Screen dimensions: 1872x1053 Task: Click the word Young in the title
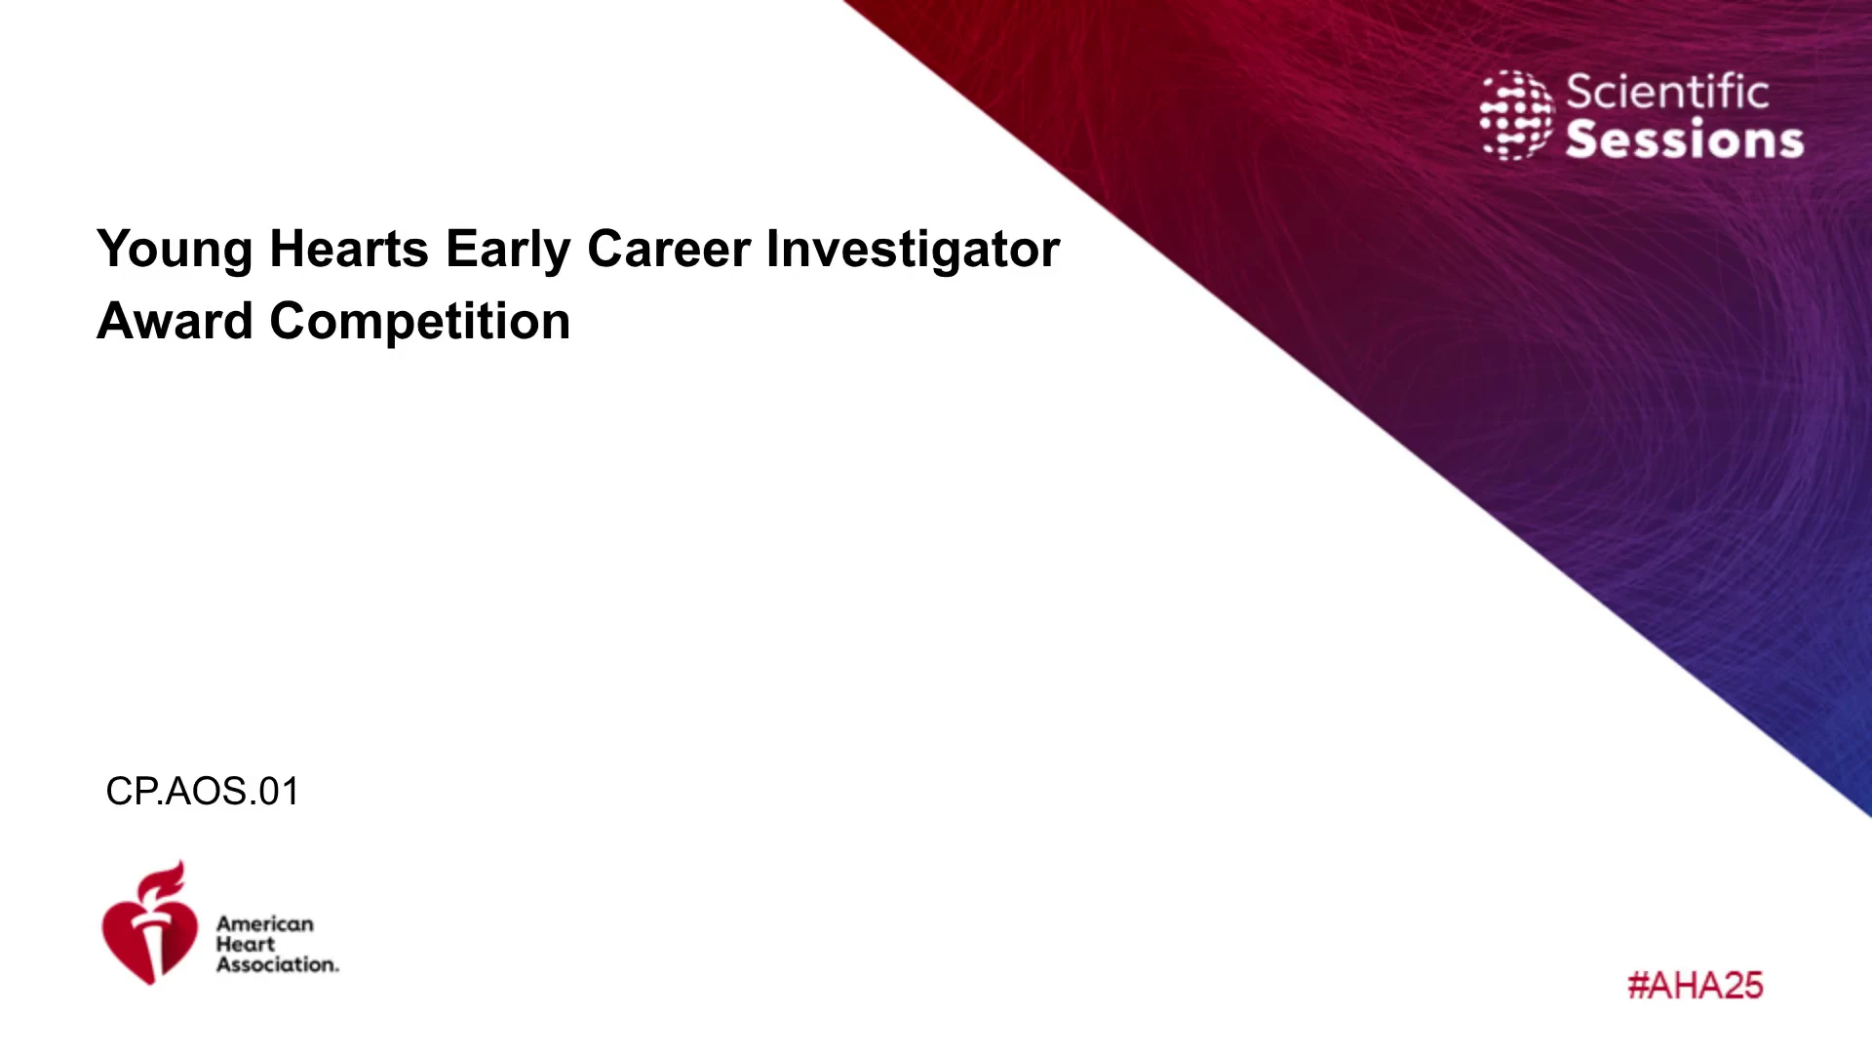point(175,251)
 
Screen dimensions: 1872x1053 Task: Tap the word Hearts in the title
point(349,249)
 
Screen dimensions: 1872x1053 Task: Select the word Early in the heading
point(508,251)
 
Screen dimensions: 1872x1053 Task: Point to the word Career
point(669,249)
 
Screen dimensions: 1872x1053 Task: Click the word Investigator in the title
point(914,251)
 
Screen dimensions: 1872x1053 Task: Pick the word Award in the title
point(175,322)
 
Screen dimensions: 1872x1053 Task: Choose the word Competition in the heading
point(420,323)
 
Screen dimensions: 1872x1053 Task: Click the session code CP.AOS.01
point(203,791)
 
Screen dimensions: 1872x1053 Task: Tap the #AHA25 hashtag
point(1696,985)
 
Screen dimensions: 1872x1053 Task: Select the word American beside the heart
point(265,923)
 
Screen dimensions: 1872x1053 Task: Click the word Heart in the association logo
point(246,944)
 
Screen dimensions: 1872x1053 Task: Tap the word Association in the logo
point(278,964)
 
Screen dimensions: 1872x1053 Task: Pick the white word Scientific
point(1667,92)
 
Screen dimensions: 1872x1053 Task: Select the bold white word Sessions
point(1685,139)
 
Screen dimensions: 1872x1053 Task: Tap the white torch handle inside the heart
point(152,946)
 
